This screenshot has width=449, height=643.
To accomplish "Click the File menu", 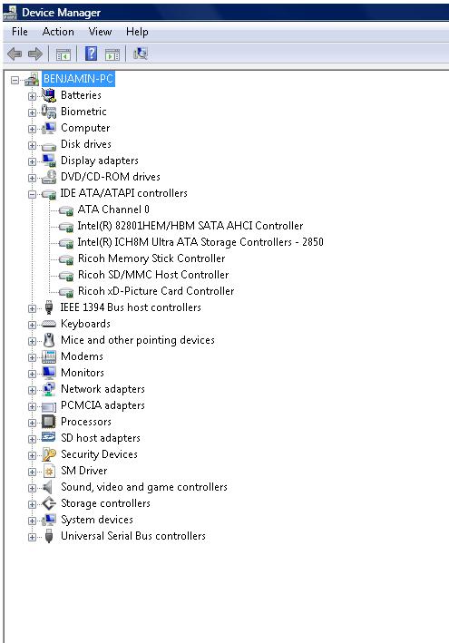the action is click(x=20, y=32).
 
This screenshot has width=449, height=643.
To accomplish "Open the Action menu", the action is click(x=58, y=32).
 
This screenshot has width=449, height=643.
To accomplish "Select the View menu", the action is click(x=100, y=32).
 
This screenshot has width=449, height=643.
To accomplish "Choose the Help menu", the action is click(x=137, y=32).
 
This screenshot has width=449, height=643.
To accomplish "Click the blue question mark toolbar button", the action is click(x=91, y=54).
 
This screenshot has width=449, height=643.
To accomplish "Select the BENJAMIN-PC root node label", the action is click(x=78, y=78).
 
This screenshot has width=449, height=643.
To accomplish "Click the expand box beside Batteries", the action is click(x=32, y=96).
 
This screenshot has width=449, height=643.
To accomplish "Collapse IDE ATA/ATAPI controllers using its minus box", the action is click(x=32, y=194).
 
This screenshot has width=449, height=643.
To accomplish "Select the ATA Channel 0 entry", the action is click(x=113, y=209).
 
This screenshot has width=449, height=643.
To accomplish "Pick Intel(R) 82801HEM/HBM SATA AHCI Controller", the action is click(x=190, y=226).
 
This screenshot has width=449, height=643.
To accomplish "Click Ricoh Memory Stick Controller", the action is click(x=151, y=258).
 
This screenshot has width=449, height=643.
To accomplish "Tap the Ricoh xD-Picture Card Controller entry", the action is click(x=156, y=291).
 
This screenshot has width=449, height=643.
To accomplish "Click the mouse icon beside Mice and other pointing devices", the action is click(x=49, y=340).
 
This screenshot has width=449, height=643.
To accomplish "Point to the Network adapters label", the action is click(x=102, y=389).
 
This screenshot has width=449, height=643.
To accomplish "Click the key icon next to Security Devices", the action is click(x=49, y=454).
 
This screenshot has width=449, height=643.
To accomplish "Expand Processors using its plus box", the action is click(x=32, y=423).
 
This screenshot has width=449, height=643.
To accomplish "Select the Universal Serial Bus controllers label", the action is click(x=133, y=536).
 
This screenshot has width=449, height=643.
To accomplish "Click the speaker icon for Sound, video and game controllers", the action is click(x=48, y=487).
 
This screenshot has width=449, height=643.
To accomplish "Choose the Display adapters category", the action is click(x=100, y=161).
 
